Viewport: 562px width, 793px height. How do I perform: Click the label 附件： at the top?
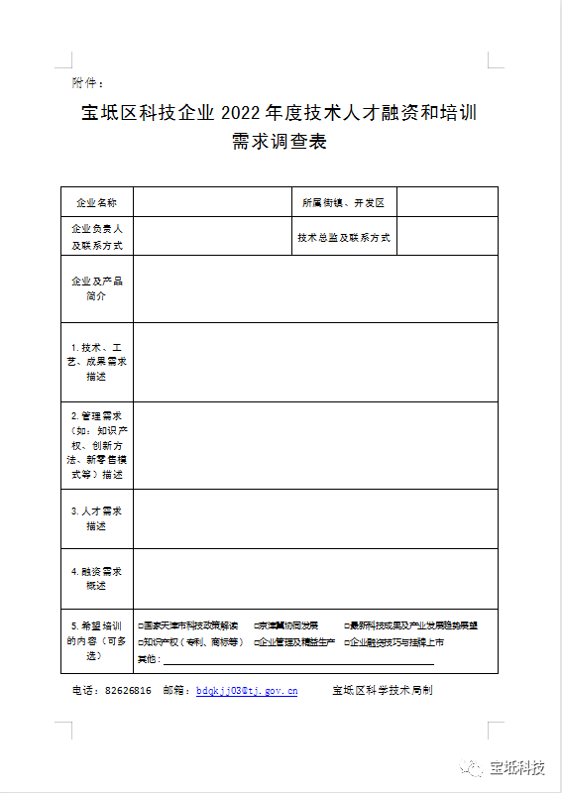tap(87, 81)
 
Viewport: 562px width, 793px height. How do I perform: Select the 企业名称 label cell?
tap(97, 202)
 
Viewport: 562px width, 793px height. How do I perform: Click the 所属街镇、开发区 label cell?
tap(343, 202)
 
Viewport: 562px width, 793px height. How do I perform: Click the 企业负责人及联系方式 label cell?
tap(97, 236)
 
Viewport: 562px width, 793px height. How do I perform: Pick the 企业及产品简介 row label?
tap(97, 288)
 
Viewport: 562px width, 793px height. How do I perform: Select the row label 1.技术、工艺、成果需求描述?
tap(97, 362)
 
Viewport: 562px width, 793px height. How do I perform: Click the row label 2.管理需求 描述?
tap(97, 444)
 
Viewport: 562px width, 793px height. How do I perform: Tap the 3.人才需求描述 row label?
tap(97, 518)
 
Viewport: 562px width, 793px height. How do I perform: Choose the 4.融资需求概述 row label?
tap(97, 579)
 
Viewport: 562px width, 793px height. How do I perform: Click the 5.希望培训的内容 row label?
tap(97, 640)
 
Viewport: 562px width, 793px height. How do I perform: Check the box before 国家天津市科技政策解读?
tap(141, 626)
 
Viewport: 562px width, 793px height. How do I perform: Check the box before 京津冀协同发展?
tap(256, 626)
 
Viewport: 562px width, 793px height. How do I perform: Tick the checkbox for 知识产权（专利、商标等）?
tap(141, 642)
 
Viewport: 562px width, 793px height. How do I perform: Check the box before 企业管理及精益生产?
tap(256, 642)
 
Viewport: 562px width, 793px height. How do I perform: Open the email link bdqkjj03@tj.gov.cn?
tap(247, 691)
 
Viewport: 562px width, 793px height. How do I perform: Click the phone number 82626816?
tap(128, 691)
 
